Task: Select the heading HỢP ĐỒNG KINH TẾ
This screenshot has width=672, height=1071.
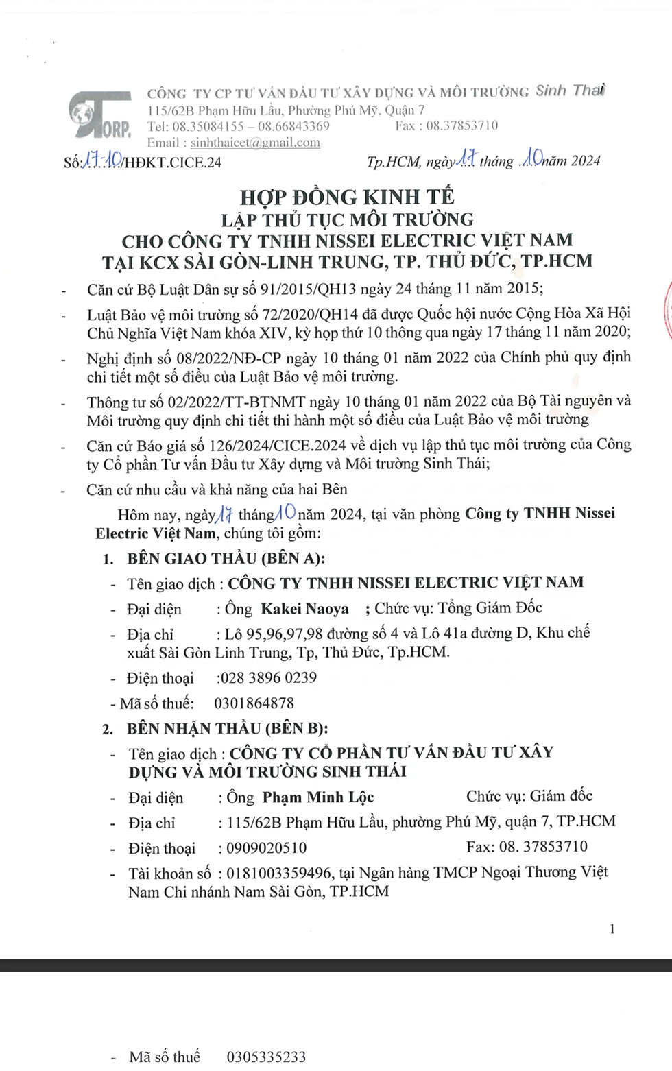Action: [x=347, y=197]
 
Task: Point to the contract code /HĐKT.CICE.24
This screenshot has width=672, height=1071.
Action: [x=171, y=163]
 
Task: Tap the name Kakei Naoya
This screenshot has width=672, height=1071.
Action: [x=304, y=609]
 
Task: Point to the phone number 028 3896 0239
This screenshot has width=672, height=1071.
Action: [x=267, y=678]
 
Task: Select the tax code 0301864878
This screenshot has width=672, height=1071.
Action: [x=254, y=703]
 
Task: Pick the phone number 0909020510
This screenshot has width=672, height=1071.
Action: [x=267, y=848]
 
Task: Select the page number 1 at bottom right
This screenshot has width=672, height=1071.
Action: [x=612, y=929]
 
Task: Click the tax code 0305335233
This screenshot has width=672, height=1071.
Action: [x=266, y=1057]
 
